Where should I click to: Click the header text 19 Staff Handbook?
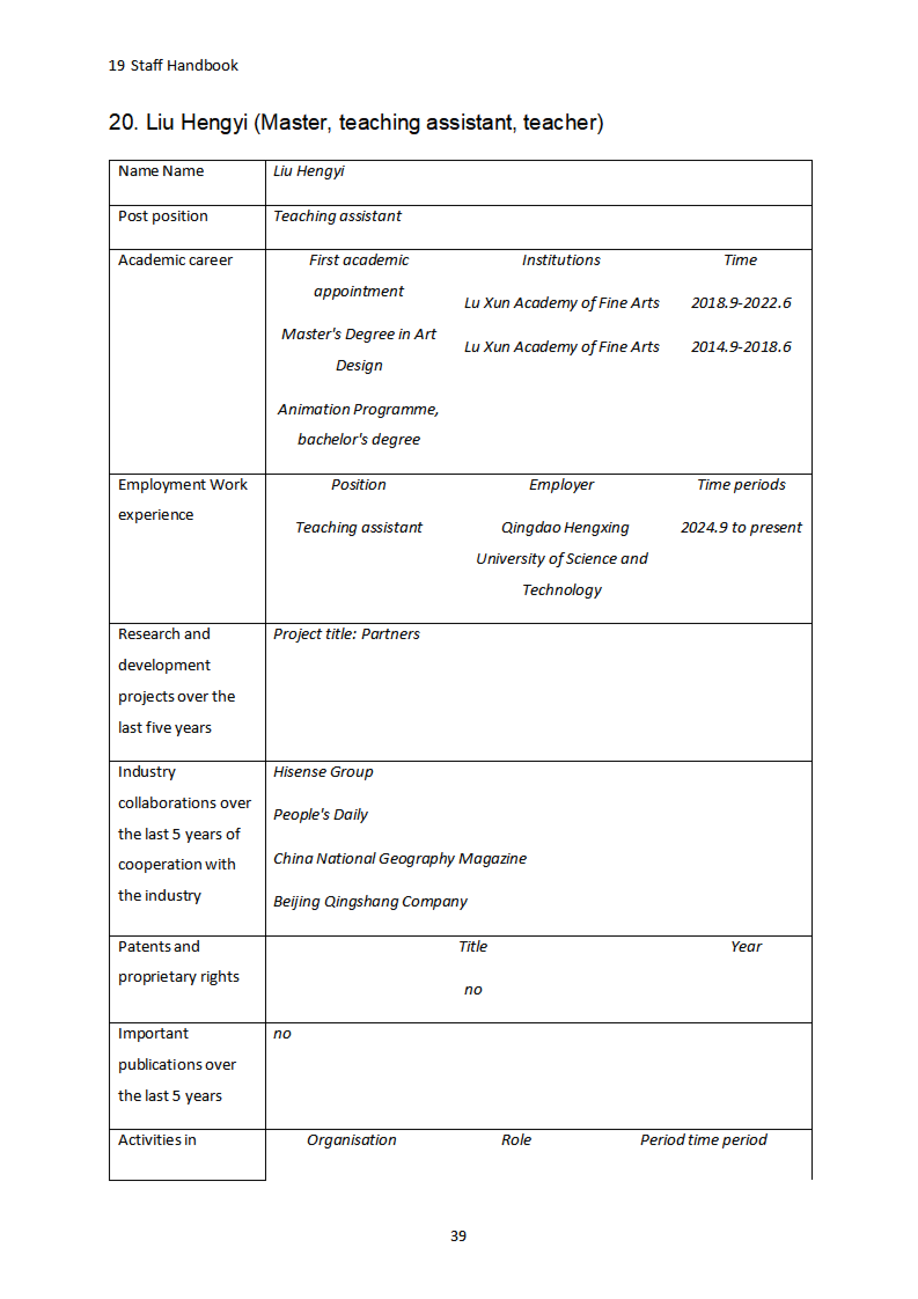[173, 66]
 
